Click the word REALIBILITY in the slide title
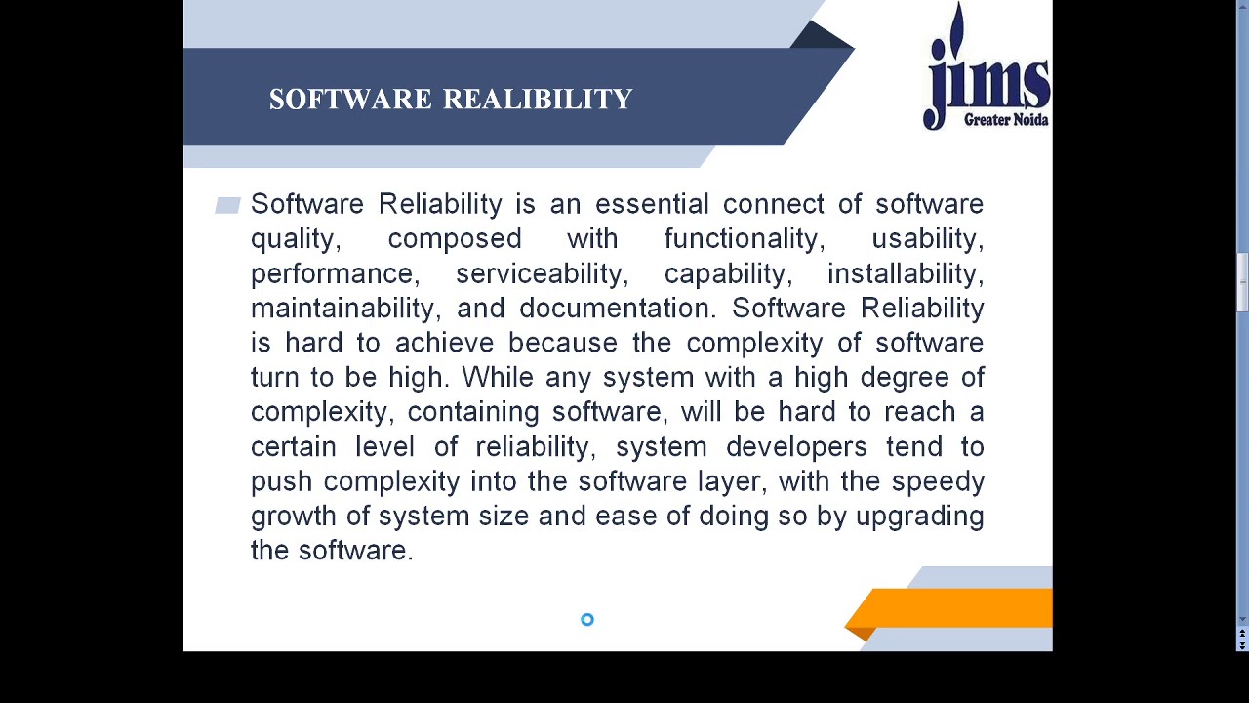pyautogui.click(x=538, y=100)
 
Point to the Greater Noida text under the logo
pyautogui.click(x=1005, y=120)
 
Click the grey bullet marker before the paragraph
pyautogui.click(x=227, y=205)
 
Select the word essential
pyautogui.click(x=652, y=204)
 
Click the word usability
pyautogui.click(x=926, y=239)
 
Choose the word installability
pyautogui.click(x=905, y=273)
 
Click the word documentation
pyautogui.click(x=617, y=309)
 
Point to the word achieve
pyautogui.click(x=444, y=343)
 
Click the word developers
pyautogui.click(x=795, y=447)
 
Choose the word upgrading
pyautogui.click(x=919, y=517)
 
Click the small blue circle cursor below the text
pyautogui.click(x=587, y=620)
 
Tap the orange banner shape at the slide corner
pyautogui.click(x=956, y=607)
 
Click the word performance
pyautogui.click(x=332, y=274)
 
